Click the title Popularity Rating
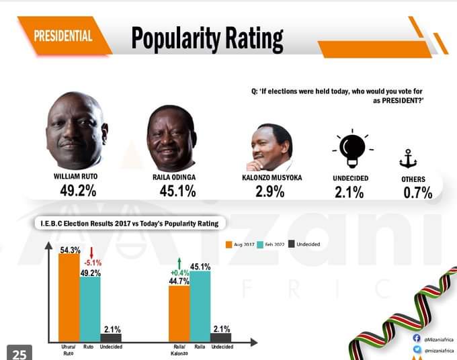[207, 38]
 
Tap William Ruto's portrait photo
[77, 130]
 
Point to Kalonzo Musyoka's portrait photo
[269, 148]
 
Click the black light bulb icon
[349, 147]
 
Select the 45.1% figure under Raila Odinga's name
[174, 191]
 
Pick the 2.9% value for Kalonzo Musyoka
[268, 191]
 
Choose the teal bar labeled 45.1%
[200, 306]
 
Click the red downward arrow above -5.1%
[92, 252]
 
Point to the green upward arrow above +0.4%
[179, 263]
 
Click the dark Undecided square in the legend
[292, 244]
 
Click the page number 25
[19, 353]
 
